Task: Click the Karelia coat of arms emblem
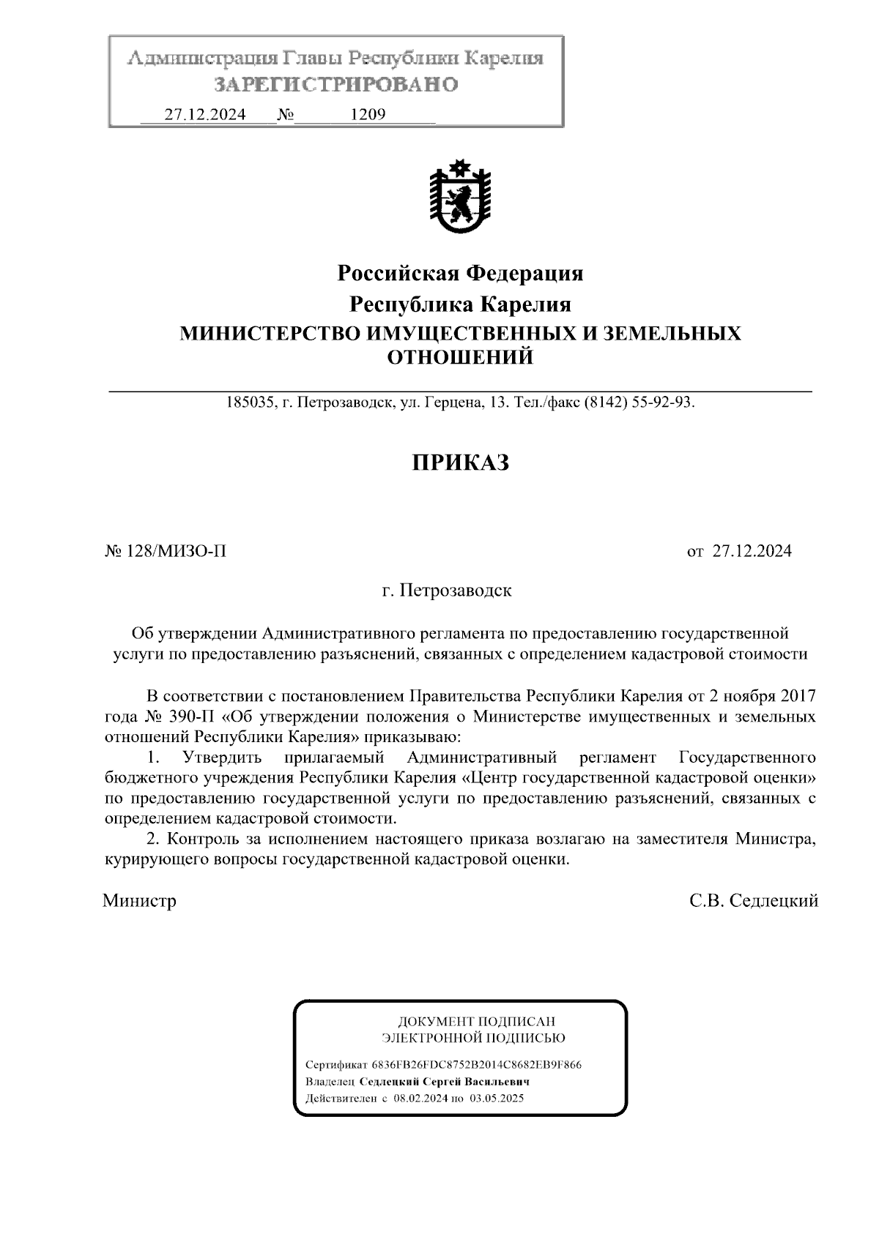(x=459, y=197)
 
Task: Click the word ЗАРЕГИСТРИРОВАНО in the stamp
(x=335, y=85)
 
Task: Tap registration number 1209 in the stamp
(x=368, y=115)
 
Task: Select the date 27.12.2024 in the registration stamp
(x=204, y=115)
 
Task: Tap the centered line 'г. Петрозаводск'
(x=447, y=591)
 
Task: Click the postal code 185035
(x=251, y=403)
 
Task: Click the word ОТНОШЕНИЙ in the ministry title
(x=459, y=358)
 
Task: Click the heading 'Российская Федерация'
(x=459, y=274)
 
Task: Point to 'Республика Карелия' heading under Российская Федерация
(x=459, y=304)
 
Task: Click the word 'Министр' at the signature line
(x=140, y=901)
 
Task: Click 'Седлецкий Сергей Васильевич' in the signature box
(x=443, y=1082)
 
